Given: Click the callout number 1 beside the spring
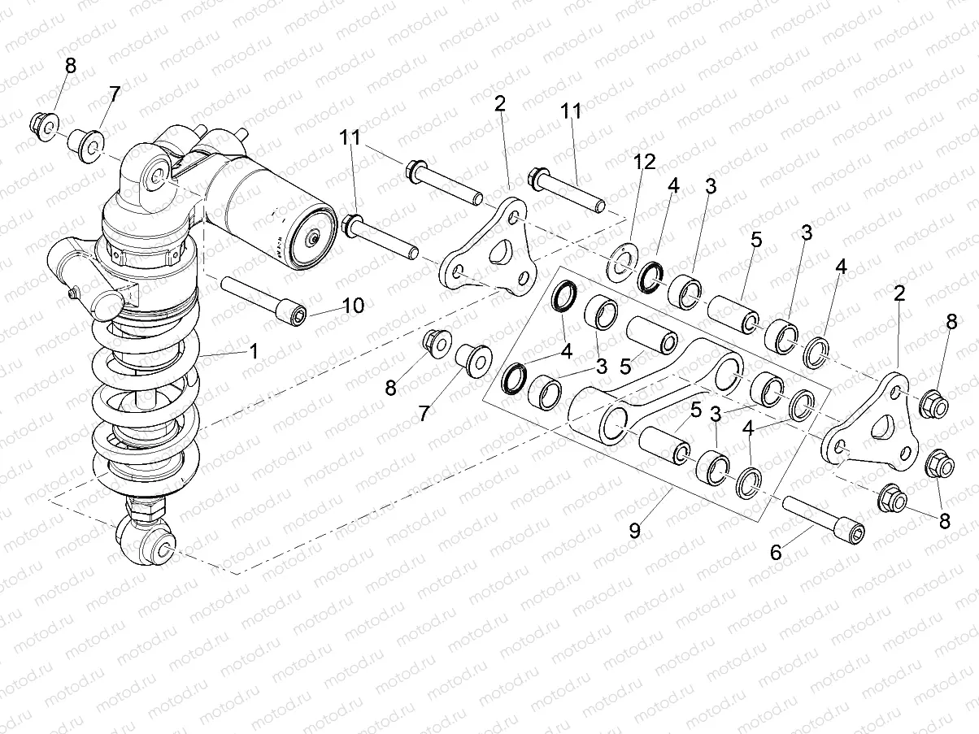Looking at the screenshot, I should click(253, 351).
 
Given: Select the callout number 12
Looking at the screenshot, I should click(645, 162).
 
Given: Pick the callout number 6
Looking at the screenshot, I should click(775, 552).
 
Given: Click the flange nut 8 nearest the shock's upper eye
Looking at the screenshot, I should click(41, 124).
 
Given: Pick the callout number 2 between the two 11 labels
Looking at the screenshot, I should click(499, 103).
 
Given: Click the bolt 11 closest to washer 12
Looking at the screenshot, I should click(566, 189).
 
